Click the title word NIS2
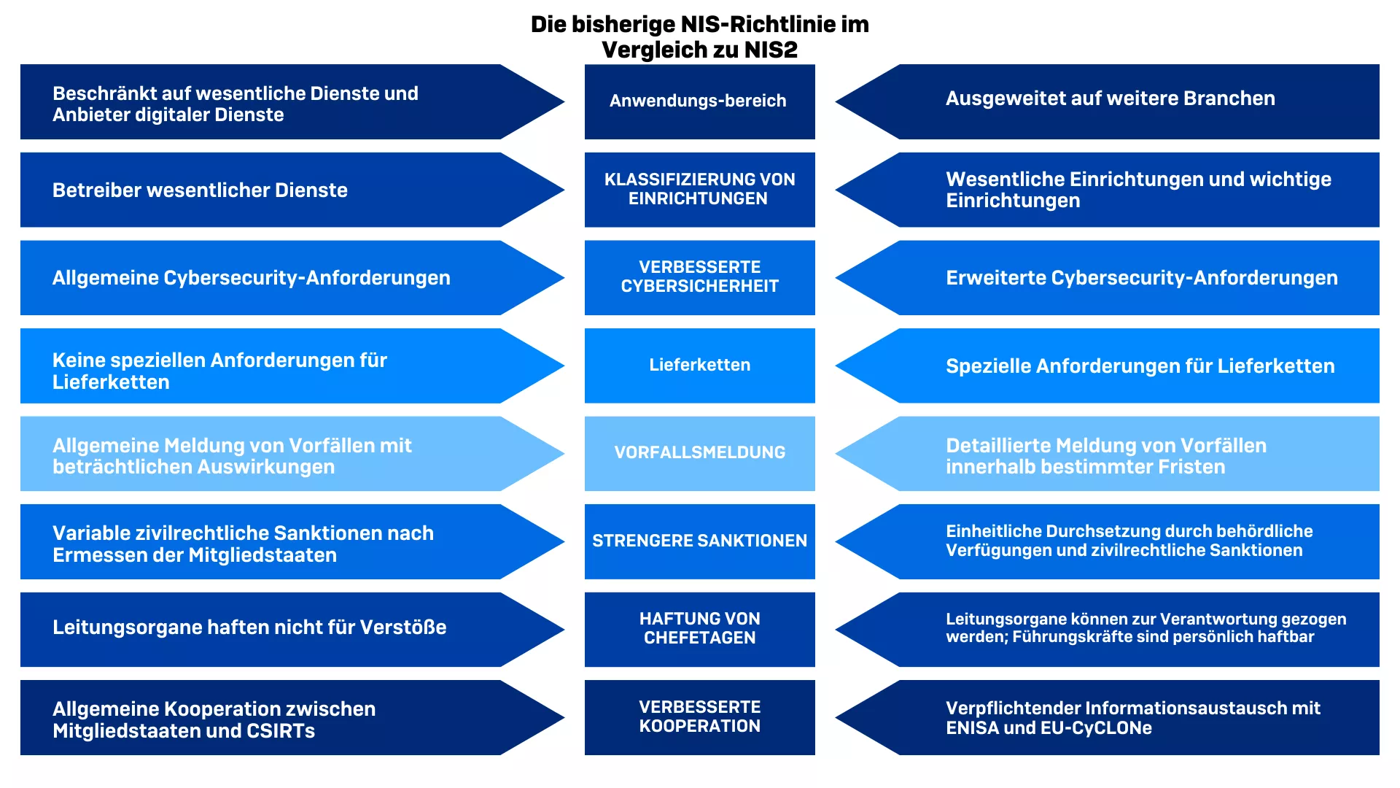(771, 50)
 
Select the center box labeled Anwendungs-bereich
(699, 101)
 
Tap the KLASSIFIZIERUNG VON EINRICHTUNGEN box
(699, 189)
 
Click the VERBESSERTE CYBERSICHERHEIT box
(699, 277)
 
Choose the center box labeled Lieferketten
(699, 365)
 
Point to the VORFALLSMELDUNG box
(699, 453)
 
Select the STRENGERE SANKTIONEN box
(699, 541)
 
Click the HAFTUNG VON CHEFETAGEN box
(699, 629)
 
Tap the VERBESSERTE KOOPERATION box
(699, 716)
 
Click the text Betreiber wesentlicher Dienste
(200, 190)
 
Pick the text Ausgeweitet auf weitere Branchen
(1110, 98)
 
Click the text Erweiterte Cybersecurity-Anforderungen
(1141, 278)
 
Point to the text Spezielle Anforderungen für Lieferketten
(1140, 366)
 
